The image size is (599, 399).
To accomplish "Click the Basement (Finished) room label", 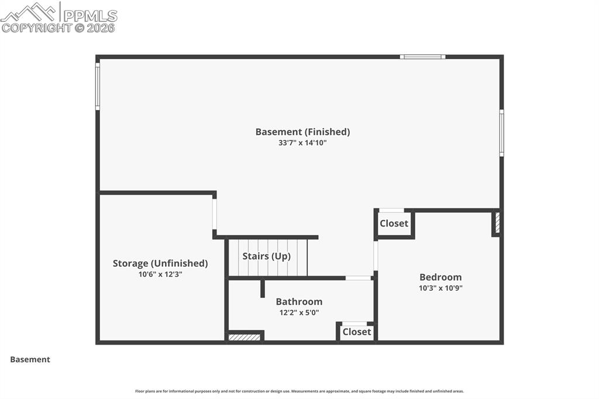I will [302, 132].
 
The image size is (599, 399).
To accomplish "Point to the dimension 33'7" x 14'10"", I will [302, 143].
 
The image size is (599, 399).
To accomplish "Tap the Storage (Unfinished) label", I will [160, 263].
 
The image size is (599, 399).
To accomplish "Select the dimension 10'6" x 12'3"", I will [160, 274].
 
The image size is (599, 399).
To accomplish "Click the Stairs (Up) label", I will [266, 256].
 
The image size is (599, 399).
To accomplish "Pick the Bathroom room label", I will [299, 302].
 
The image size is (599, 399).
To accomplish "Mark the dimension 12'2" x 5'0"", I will [299, 312].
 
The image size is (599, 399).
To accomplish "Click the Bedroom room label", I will [440, 277].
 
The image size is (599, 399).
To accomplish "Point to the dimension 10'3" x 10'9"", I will [440, 288].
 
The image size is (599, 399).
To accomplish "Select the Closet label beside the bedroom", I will [394, 223].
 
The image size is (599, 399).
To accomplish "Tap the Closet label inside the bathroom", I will [356, 332].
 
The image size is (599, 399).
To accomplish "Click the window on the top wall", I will [422, 57].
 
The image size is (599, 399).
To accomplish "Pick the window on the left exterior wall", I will [98, 86].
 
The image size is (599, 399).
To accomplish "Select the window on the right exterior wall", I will [501, 133].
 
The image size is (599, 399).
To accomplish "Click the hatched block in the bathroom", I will [245, 337].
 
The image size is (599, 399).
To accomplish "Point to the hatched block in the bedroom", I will [497, 223].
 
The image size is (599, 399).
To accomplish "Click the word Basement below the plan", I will [30, 360].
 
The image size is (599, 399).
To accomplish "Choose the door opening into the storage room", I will [215, 214].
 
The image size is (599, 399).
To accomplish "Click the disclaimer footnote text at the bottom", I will [299, 391].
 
